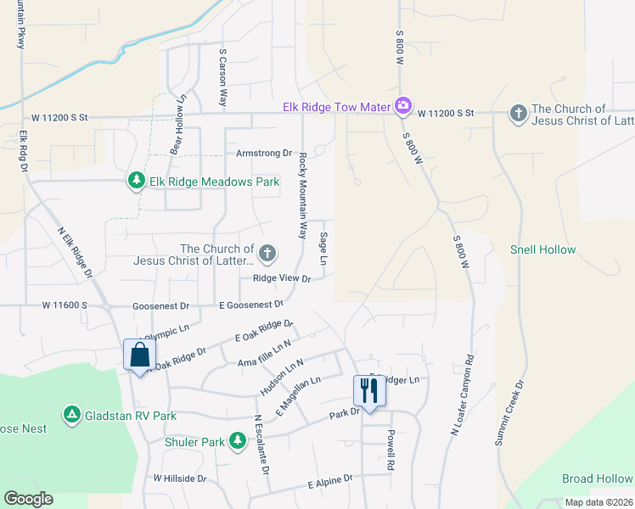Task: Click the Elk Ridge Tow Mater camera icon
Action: (403, 106)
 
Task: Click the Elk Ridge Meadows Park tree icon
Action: (135, 181)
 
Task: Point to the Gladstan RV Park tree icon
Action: (72, 415)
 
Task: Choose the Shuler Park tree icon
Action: (236, 442)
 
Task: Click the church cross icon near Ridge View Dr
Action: (267, 252)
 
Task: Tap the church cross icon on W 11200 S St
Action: (518, 113)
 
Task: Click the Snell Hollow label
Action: (542, 249)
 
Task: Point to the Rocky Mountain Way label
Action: (301, 196)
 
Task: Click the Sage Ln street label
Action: (323, 249)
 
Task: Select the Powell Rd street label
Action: (391, 450)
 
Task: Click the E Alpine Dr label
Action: (330, 482)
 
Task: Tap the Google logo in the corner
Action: (29, 498)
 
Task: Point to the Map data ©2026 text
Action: (598, 502)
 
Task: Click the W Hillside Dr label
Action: (180, 478)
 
